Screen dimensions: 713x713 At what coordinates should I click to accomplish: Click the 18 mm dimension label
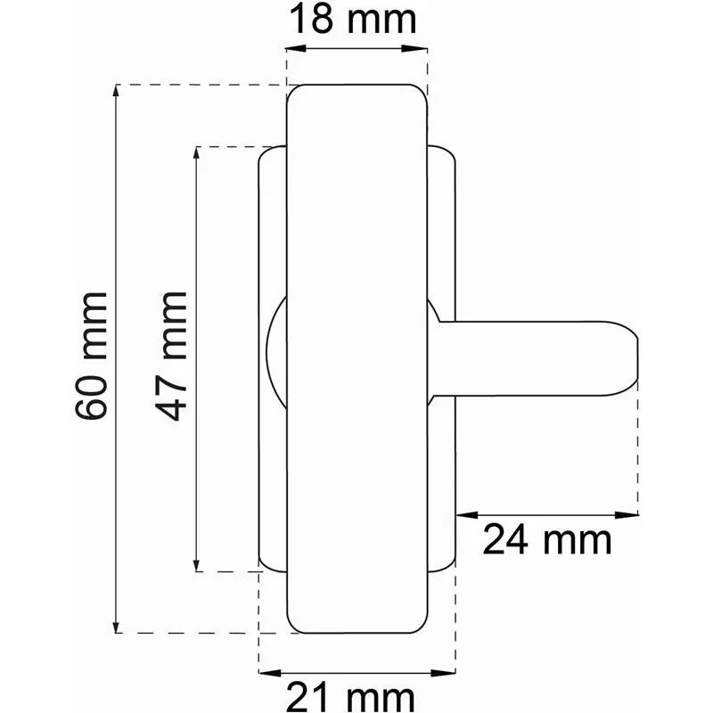click(353, 20)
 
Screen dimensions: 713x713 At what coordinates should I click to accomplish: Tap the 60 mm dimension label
click(91, 356)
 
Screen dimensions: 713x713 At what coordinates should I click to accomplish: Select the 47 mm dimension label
click(171, 356)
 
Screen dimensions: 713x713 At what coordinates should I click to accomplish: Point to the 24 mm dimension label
click(547, 540)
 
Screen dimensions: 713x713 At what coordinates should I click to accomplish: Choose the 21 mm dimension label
click(350, 698)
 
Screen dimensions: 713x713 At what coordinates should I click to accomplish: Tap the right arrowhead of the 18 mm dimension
click(417, 49)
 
